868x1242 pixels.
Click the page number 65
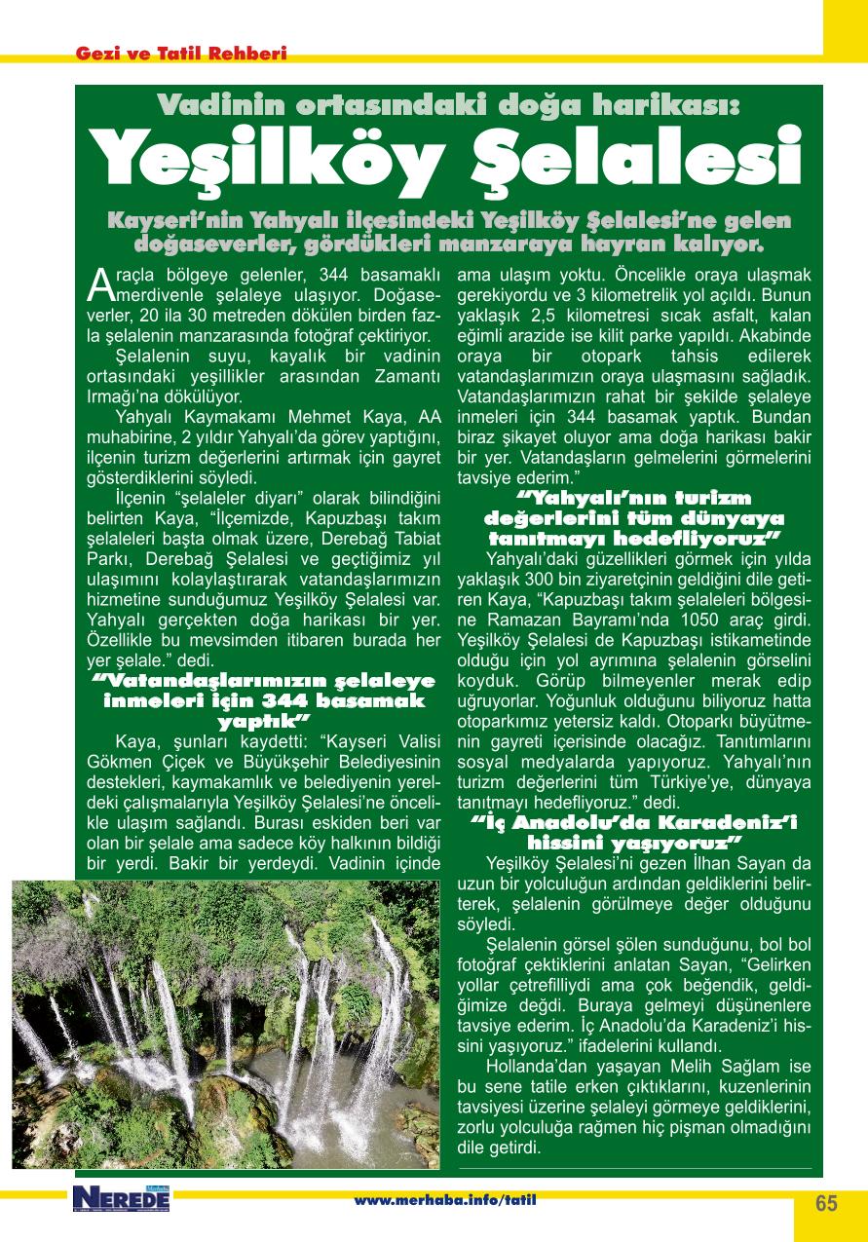[x=826, y=1202]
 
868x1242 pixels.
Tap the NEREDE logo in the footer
[x=121, y=1199]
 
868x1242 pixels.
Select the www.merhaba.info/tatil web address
[x=444, y=1199]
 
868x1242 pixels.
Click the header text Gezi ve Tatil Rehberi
[x=181, y=55]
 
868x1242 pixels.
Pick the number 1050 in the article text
[x=681, y=620]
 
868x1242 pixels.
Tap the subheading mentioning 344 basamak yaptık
[x=264, y=700]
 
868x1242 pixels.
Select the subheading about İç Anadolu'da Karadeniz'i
[x=634, y=831]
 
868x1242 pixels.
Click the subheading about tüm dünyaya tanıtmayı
[x=634, y=519]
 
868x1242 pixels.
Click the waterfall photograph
[x=230, y=1023]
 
